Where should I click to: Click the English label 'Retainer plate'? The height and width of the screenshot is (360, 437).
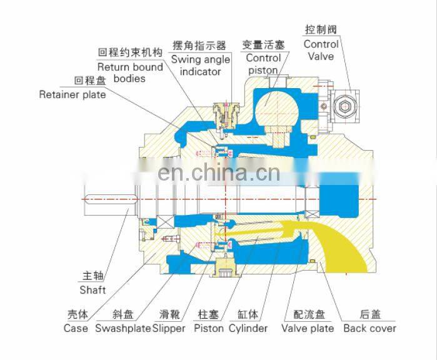coord(73,95)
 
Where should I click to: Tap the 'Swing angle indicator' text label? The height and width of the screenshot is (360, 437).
coord(201,66)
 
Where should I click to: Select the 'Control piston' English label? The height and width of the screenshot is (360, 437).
coord(263,64)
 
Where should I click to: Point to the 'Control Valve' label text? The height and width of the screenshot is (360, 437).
coord(321,51)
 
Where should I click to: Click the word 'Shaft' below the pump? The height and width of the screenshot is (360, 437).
coord(93,290)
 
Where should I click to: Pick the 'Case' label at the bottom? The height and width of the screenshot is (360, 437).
coord(76,328)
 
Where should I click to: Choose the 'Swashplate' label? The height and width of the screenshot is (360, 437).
coord(123,328)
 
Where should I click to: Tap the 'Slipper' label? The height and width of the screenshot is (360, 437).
coord(169,328)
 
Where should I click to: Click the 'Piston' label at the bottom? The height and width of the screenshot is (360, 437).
coord(209,328)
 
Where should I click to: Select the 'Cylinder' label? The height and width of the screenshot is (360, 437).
coord(248,328)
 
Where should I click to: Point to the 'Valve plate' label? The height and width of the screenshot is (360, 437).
coord(308,328)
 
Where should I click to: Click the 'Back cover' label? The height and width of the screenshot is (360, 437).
coord(369,328)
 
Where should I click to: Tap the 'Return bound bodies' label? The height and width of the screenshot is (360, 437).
coord(130,72)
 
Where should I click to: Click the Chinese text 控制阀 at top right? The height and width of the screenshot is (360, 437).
coord(321,29)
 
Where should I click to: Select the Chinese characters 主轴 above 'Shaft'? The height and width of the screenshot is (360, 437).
coord(93,276)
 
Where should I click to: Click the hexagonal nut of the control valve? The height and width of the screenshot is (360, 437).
coord(345,106)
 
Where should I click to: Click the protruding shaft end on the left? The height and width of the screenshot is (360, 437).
coord(111,199)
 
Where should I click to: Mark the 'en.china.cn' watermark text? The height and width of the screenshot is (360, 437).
coord(219,173)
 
